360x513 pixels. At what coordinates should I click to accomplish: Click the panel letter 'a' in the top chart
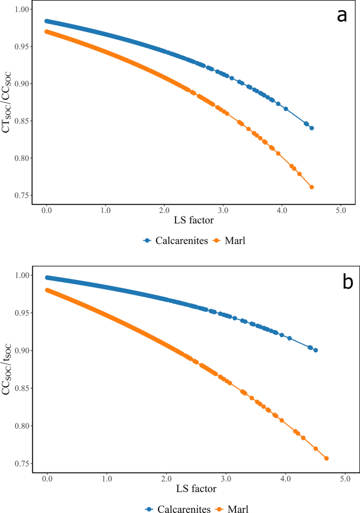(x=342, y=16)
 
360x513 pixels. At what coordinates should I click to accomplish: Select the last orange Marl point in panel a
(x=312, y=187)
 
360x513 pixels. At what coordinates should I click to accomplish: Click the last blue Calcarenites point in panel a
(x=312, y=128)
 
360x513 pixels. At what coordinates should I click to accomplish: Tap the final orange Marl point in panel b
(x=326, y=458)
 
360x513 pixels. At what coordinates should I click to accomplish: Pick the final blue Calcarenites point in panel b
(x=315, y=350)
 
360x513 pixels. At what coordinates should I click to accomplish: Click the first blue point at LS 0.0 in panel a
(x=47, y=22)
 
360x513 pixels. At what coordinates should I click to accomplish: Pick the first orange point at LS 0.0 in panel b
(x=47, y=290)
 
